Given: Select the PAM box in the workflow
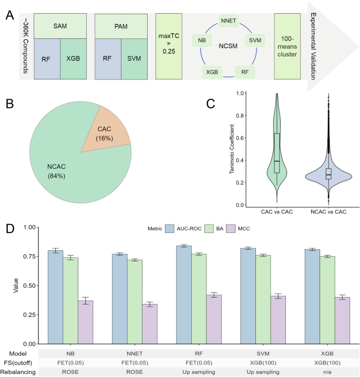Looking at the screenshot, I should (121, 26).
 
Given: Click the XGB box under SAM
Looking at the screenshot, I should (74, 59).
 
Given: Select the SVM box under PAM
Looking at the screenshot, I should (134, 59).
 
